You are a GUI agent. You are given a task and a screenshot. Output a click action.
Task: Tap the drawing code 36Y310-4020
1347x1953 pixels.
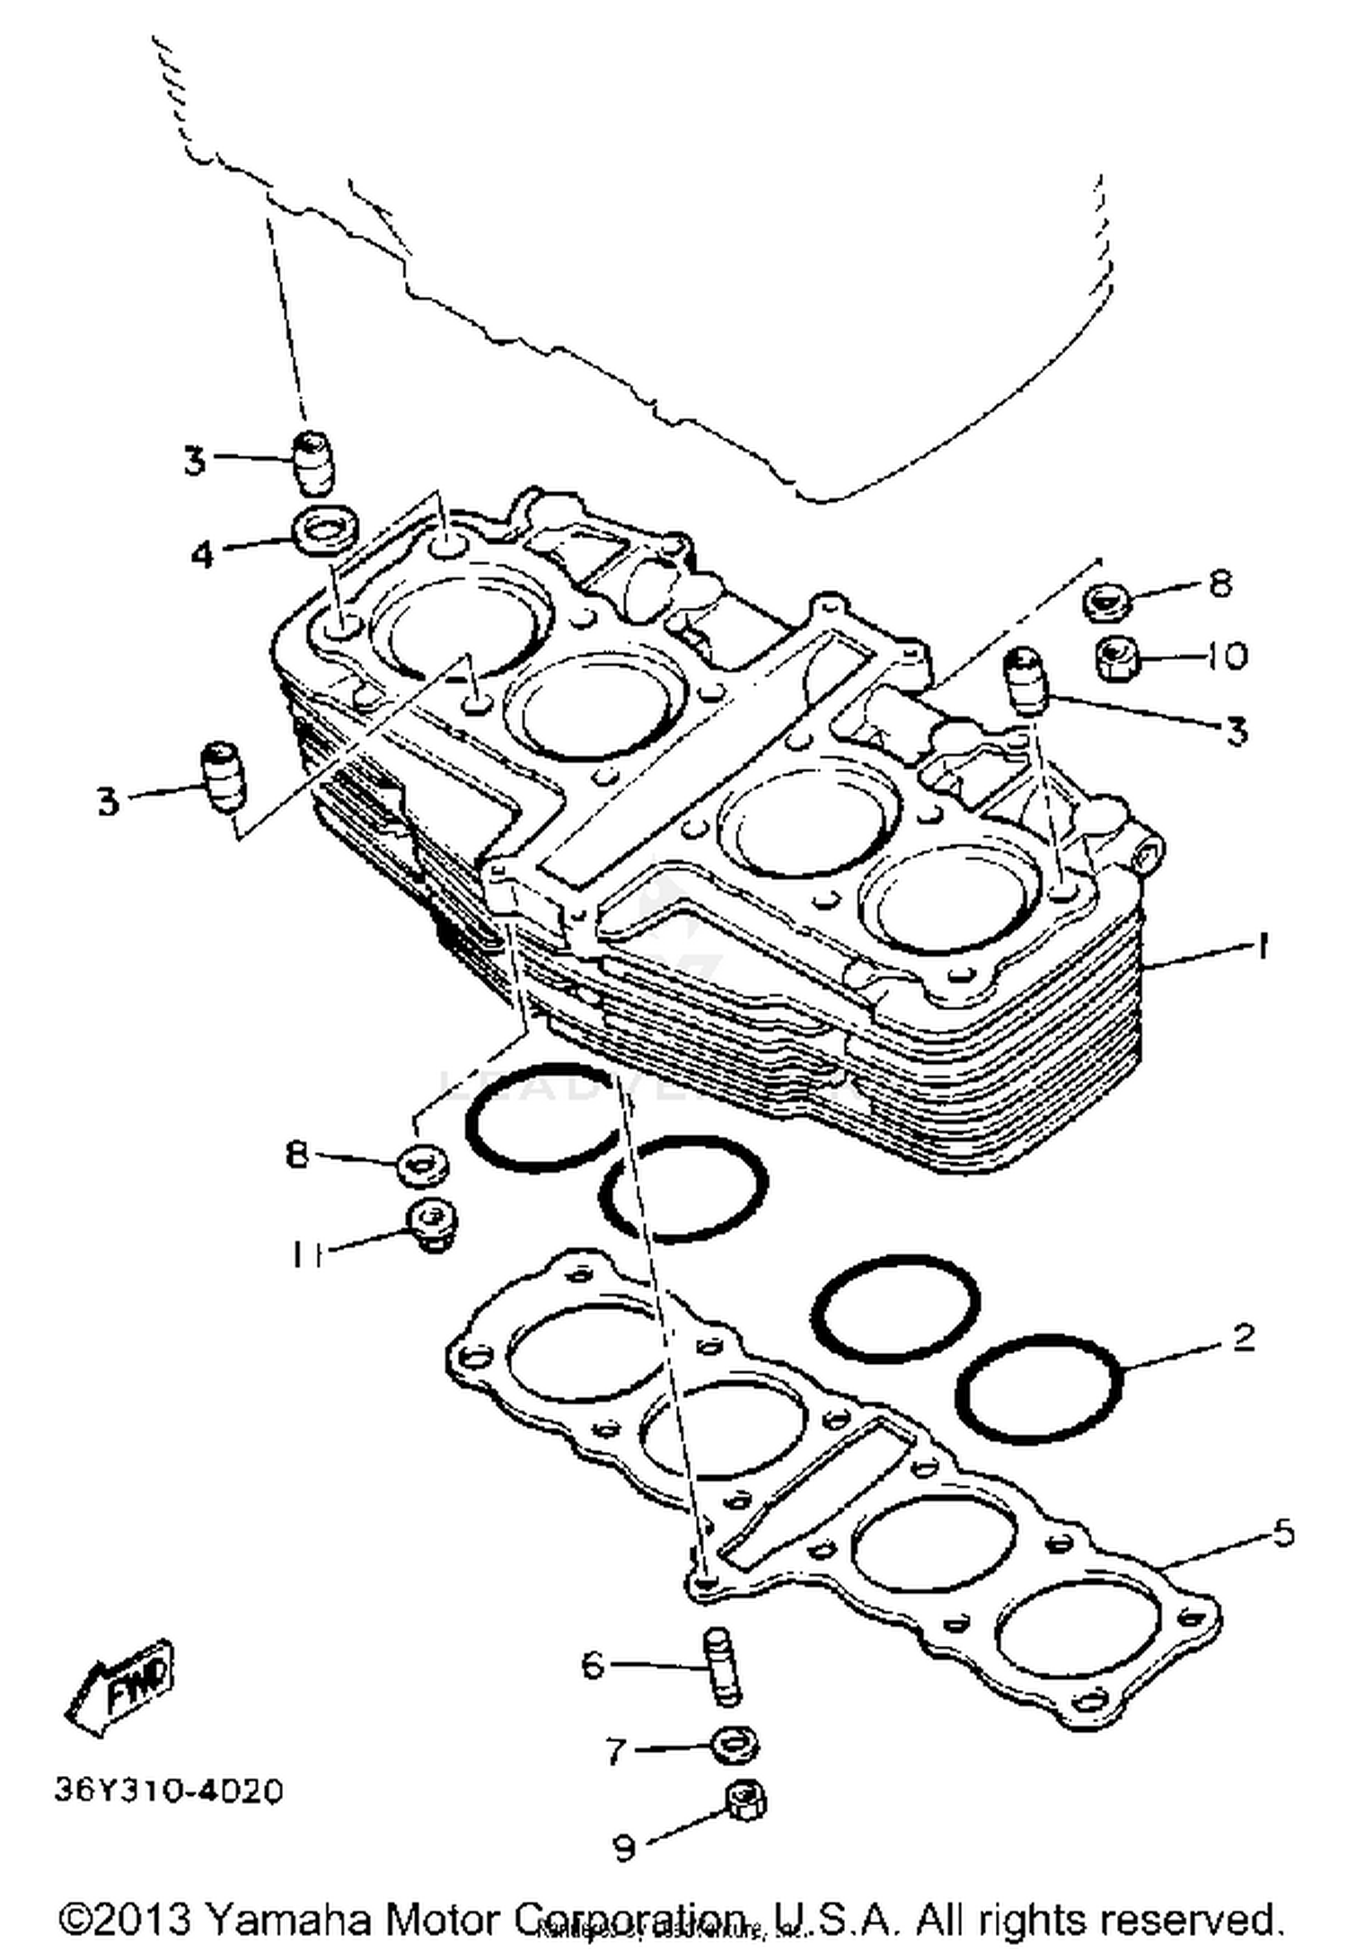click(x=169, y=1790)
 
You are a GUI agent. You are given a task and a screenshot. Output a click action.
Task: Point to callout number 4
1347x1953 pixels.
click(x=203, y=555)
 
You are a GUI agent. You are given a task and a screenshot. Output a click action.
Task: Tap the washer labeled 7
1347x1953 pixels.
click(x=734, y=1746)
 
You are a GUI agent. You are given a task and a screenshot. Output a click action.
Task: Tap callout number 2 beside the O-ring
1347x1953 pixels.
click(x=1243, y=1339)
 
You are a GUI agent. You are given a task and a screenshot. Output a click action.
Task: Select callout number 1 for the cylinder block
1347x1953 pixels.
click(x=1262, y=946)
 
